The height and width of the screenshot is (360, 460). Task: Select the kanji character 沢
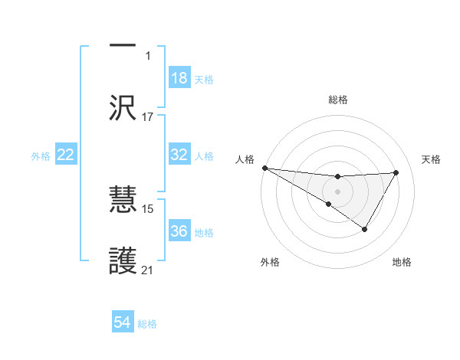[x=123, y=108]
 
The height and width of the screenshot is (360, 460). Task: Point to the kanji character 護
[x=123, y=261]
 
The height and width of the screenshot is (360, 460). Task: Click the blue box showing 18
[x=179, y=77]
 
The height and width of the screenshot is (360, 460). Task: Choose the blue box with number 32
[x=179, y=154]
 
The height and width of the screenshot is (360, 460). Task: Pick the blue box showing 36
[x=179, y=231]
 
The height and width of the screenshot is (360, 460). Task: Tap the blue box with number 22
[x=66, y=155]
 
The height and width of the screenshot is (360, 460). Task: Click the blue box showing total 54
[x=123, y=322]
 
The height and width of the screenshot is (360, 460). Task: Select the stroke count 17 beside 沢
[x=148, y=117]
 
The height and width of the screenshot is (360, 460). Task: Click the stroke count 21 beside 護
[x=148, y=270]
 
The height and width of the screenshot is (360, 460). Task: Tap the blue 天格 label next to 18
[x=204, y=79]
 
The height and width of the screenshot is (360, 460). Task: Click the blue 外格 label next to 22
[x=41, y=156]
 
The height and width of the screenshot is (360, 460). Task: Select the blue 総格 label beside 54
[x=147, y=324]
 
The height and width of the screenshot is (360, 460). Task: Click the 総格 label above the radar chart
[x=338, y=100]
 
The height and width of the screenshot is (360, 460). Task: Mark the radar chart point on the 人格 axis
[x=264, y=168]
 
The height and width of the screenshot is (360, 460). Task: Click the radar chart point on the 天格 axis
[x=396, y=172]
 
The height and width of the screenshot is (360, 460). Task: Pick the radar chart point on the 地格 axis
[x=365, y=229]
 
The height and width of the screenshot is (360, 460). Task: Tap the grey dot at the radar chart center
[x=338, y=191]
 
